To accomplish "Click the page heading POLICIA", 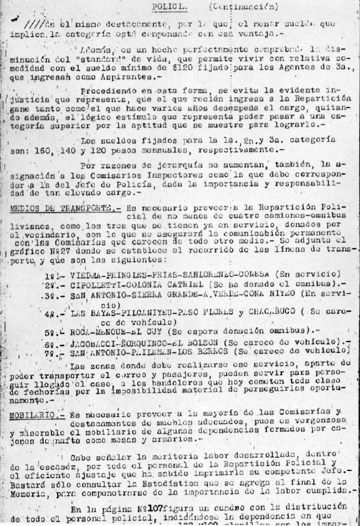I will click(x=166, y=7).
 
